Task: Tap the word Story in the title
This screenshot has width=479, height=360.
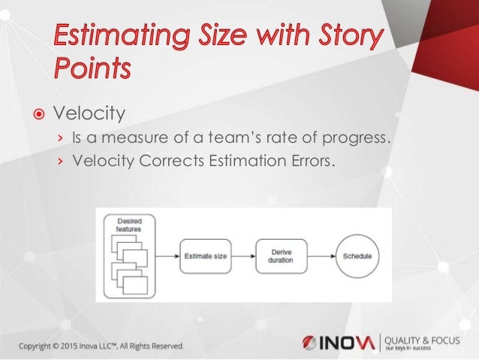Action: click(x=345, y=37)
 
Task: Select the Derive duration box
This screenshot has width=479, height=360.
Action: click(x=281, y=256)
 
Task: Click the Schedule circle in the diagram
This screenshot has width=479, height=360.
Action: click(x=357, y=256)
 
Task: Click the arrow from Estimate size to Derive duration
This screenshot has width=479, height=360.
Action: click(x=241, y=256)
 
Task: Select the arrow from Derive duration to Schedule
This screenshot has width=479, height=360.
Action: click(x=319, y=256)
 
